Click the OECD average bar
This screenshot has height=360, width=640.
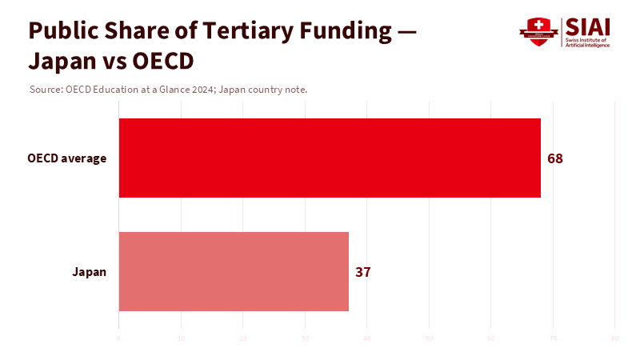(x=330, y=158)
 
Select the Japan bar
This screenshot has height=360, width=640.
(x=234, y=271)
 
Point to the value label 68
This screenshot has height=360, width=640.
(x=555, y=158)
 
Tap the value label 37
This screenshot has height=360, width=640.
(x=363, y=272)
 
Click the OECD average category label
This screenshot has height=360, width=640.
(x=66, y=158)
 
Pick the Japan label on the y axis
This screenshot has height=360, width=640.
(x=89, y=272)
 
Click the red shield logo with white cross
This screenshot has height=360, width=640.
(x=538, y=32)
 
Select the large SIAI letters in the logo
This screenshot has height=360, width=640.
(x=587, y=26)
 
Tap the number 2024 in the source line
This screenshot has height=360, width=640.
(x=202, y=90)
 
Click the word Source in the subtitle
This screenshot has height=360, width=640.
(x=45, y=90)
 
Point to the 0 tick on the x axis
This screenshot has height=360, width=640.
(x=118, y=339)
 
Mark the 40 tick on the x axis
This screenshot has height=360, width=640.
(x=366, y=339)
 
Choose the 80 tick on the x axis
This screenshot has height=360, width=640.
(x=614, y=339)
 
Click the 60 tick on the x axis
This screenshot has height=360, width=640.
(x=490, y=339)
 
